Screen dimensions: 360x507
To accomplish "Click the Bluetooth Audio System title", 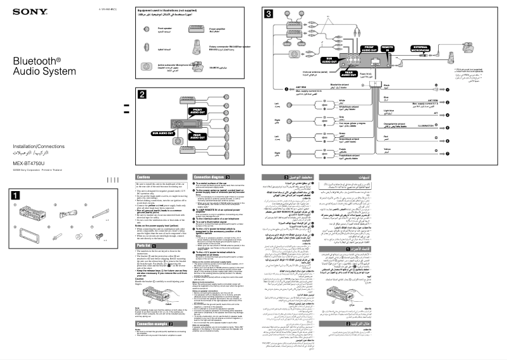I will pos(37,67).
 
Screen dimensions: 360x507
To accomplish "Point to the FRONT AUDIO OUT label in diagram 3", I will pos(369,49).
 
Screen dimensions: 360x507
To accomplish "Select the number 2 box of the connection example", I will pos(143,94).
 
